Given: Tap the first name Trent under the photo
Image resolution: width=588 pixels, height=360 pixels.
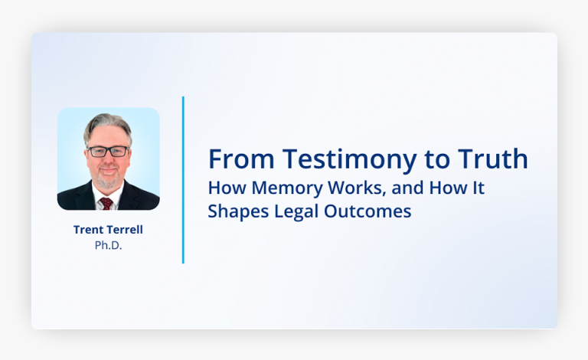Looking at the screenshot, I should click(x=89, y=229).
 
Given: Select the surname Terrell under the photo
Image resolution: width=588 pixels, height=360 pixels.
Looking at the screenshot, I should click(x=126, y=229).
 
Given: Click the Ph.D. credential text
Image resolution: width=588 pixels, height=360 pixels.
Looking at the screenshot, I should click(x=108, y=245).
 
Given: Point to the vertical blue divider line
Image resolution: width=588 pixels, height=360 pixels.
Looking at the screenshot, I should click(x=183, y=180).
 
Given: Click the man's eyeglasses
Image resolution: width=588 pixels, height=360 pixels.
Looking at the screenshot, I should click(x=108, y=151).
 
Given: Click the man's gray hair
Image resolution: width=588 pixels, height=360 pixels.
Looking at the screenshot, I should click(x=107, y=124).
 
